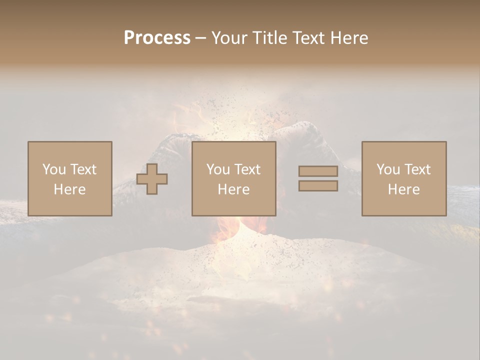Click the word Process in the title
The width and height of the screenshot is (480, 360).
click(157, 38)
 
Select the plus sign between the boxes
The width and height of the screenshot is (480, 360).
click(152, 179)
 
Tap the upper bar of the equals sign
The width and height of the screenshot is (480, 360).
click(318, 171)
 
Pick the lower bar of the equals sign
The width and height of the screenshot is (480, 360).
click(318, 186)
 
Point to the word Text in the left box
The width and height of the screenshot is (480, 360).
click(83, 169)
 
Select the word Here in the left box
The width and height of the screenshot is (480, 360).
click(69, 189)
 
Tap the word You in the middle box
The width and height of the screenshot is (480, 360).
click(218, 169)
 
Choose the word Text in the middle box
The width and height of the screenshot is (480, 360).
click(247, 169)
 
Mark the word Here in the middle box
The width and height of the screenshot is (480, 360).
click(233, 189)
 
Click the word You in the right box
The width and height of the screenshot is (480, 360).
click(388, 169)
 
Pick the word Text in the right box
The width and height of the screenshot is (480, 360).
click(417, 169)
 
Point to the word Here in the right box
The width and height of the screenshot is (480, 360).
click(403, 189)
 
